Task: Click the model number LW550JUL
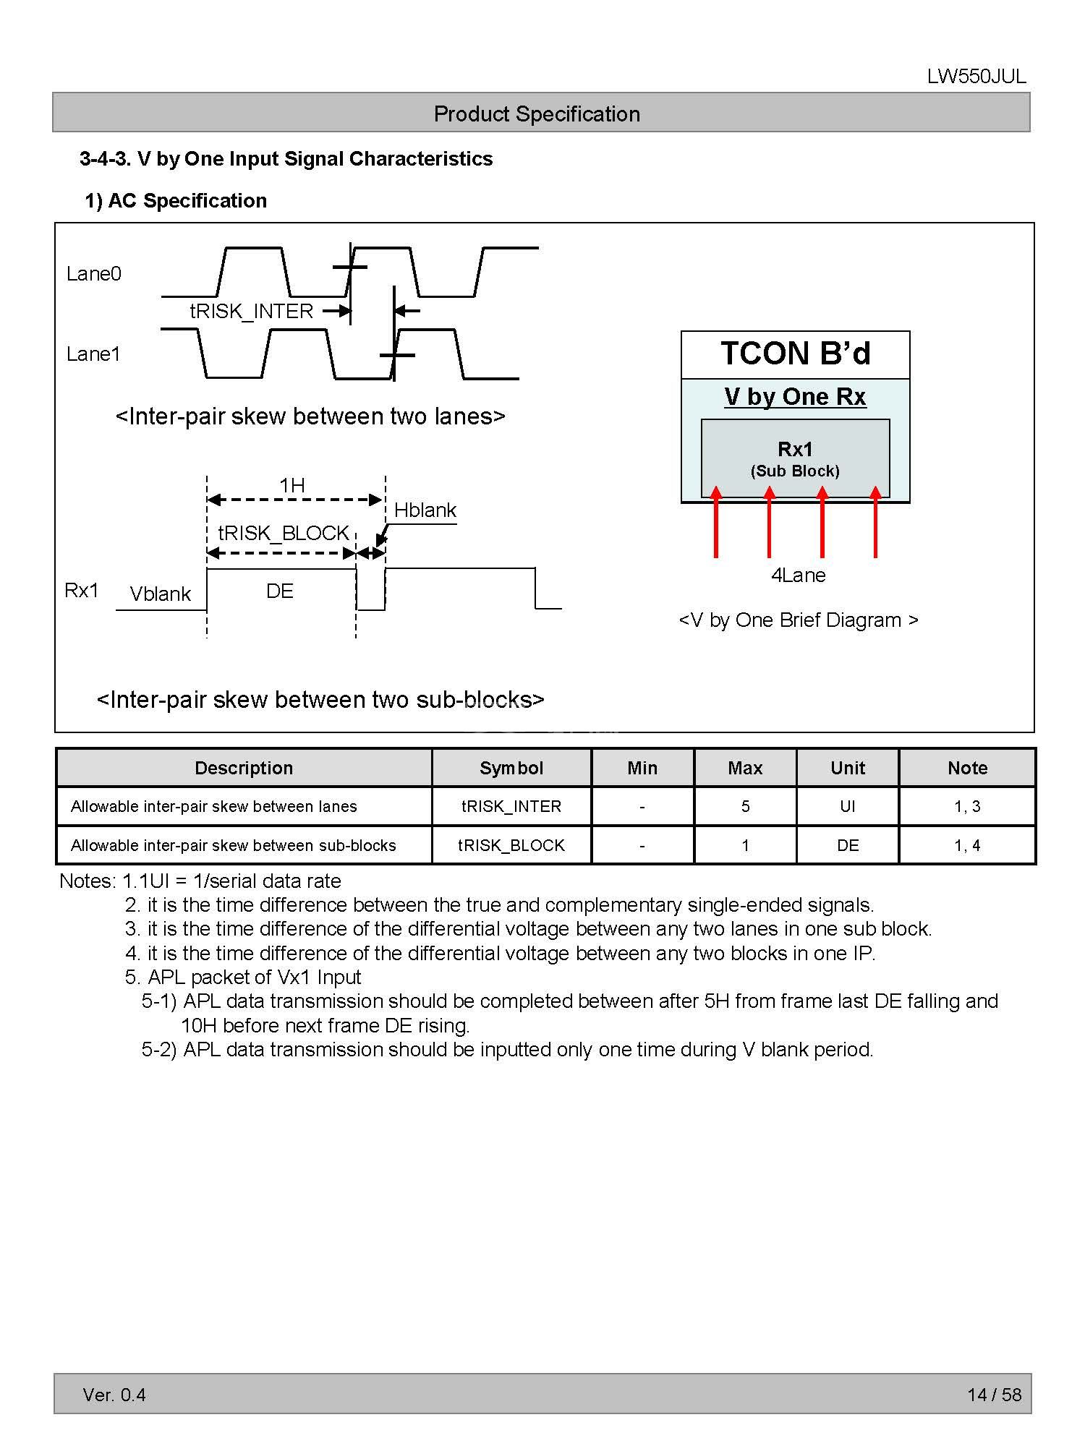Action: tap(976, 77)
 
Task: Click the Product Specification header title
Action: tap(537, 114)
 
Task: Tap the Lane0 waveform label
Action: tap(94, 273)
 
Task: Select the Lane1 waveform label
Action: tap(93, 354)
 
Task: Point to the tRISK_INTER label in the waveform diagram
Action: tap(251, 311)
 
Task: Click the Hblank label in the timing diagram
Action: tap(425, 510)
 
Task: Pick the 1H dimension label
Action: tap(292, 485)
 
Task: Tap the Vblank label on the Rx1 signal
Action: tap(160, 594)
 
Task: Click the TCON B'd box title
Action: tap(795, 354)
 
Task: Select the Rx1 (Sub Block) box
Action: tap(795, 458)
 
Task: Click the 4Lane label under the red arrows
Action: tap(798, 575)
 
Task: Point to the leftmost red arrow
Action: tap(716, 522)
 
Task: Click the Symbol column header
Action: tap(511, 768)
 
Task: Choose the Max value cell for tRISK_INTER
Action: tap(745, 806)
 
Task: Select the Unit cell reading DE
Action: tap(848, 845)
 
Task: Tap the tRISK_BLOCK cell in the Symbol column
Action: tap(511, 845)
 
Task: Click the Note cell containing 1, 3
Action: tap(967, 806)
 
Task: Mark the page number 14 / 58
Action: tap(994, 1395)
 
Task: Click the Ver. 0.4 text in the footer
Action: tap(114, 1395)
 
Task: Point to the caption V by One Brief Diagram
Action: tap(799, 620)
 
